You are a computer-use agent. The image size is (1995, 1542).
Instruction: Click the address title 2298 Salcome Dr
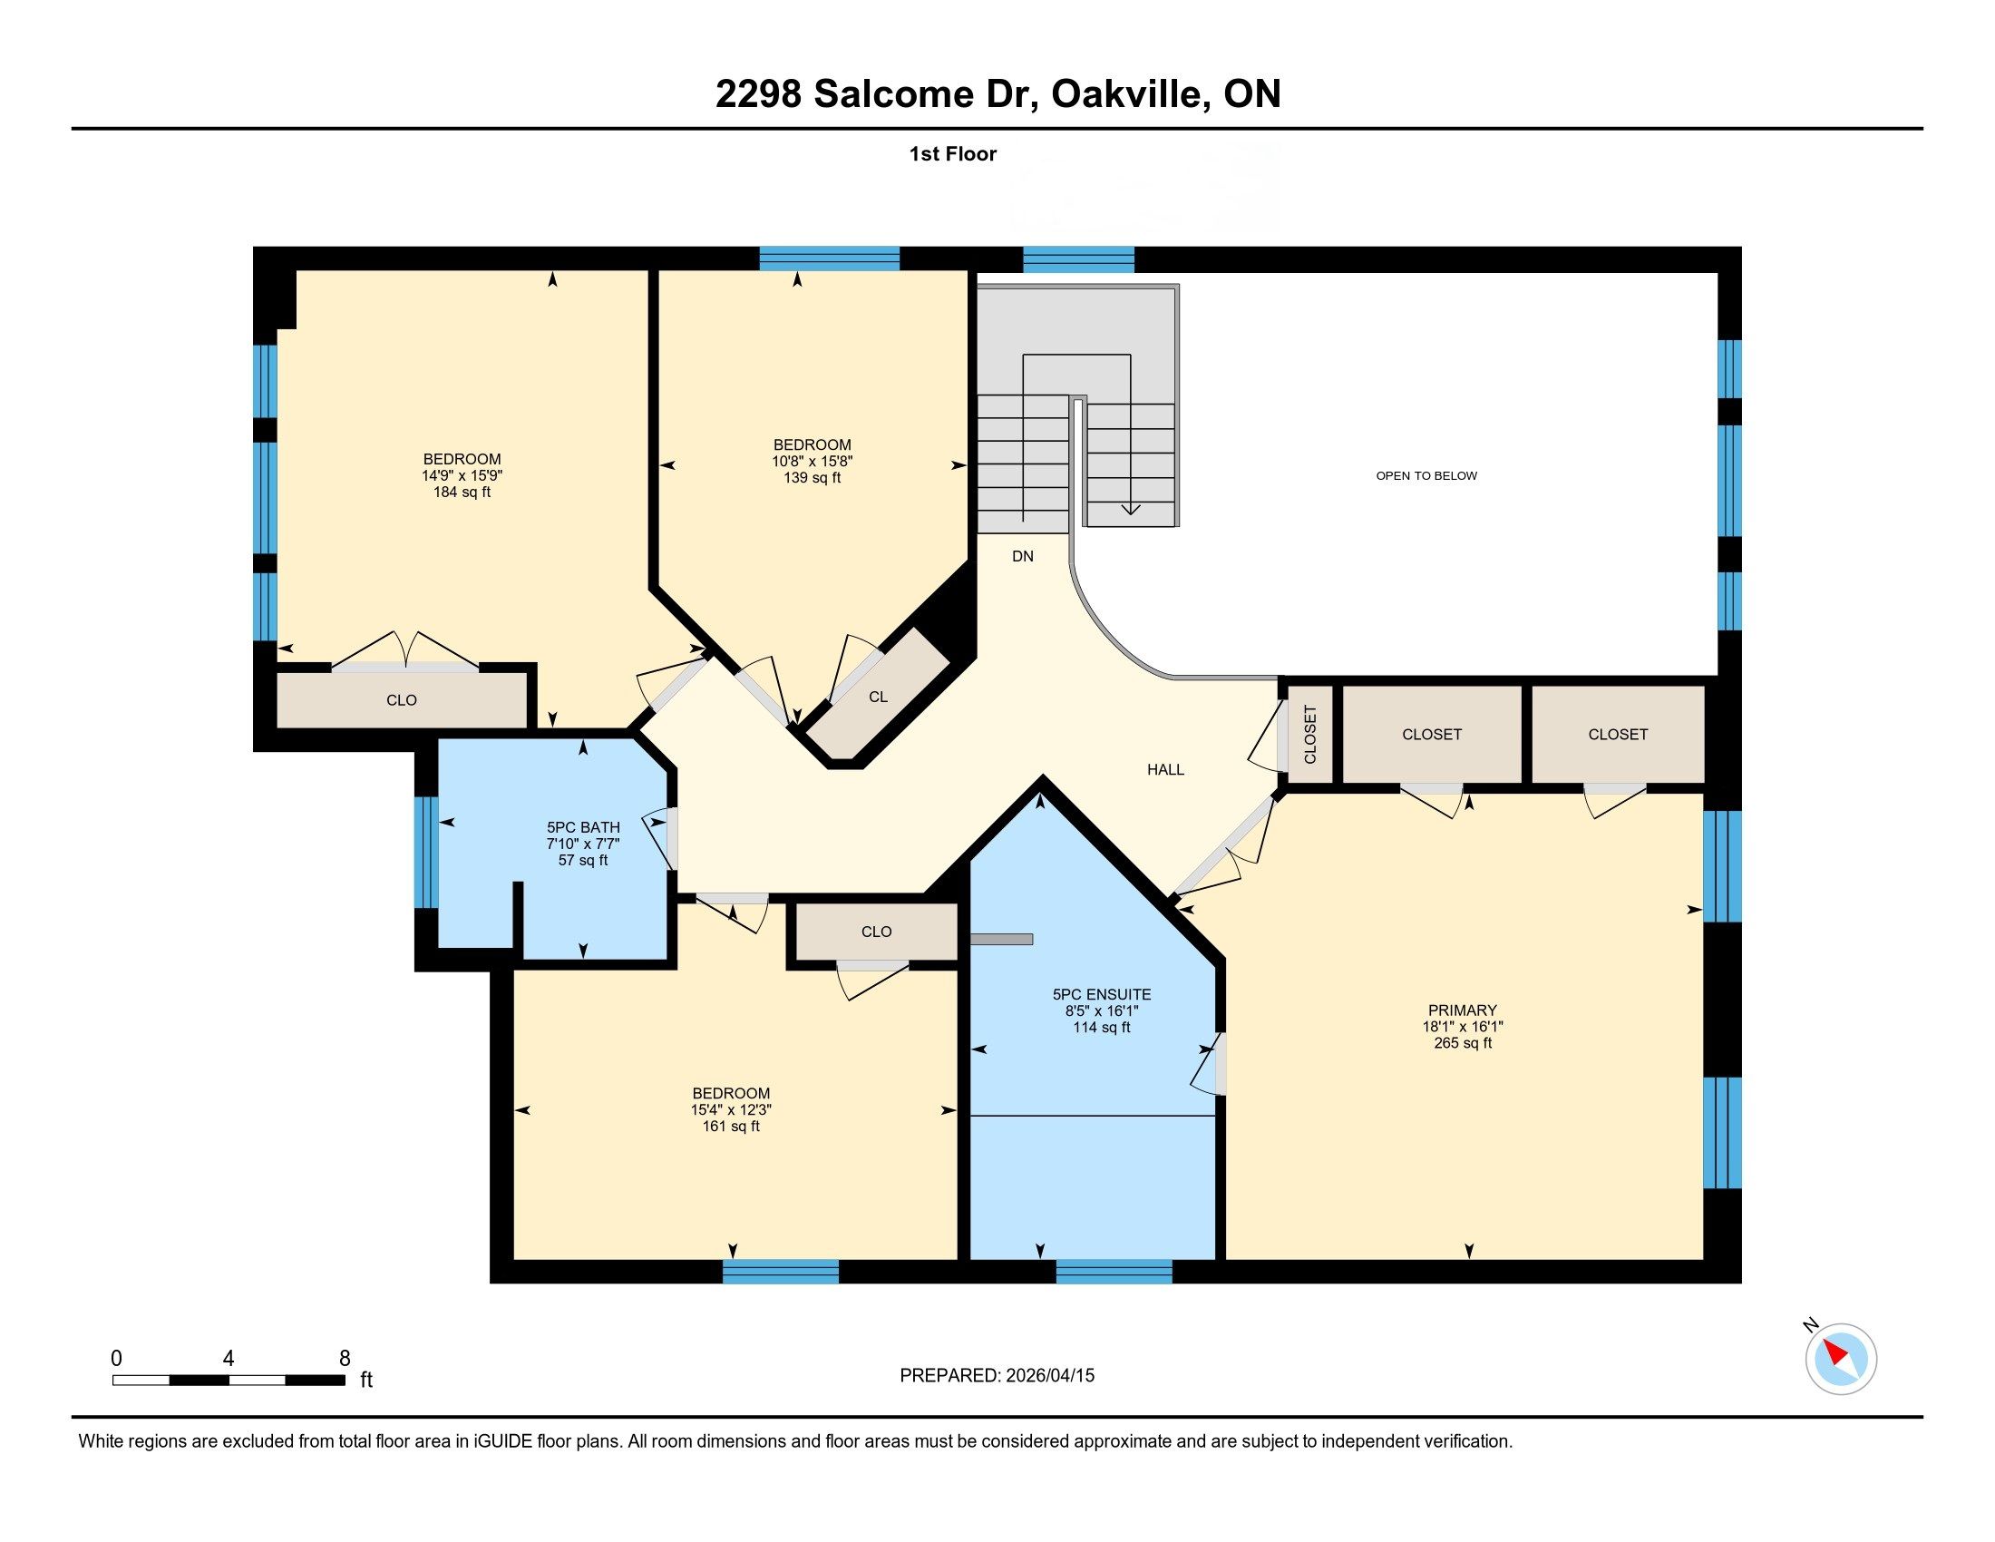coord(877,94)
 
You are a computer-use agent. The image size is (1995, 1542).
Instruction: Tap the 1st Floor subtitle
coord(953,153)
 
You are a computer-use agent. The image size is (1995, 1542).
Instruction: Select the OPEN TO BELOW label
coord(1426,476)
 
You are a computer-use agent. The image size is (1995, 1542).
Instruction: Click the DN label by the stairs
coord(1022,556)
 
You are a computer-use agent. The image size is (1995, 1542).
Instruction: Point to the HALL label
coord(1165,770)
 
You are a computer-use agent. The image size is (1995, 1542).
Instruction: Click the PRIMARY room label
coord(1463,1010)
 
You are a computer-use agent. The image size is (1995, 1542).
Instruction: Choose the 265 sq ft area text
coord(1463,1043)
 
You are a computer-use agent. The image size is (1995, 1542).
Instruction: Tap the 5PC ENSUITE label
coord(1102,995)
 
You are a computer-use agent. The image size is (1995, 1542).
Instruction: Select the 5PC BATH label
coord(583,827)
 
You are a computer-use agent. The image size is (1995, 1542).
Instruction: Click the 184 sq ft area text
coord(462,493)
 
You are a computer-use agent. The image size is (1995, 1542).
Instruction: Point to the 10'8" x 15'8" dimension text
coord(813,462)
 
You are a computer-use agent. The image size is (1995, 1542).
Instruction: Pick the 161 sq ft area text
coord(731,1127)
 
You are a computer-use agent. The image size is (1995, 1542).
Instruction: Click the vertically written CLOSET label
coord(1310,735)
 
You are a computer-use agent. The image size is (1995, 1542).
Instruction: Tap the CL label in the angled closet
coord(878,697)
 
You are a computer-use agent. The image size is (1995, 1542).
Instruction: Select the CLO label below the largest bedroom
coord(401,700)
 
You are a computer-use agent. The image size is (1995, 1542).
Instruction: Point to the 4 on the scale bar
coord(229,1359)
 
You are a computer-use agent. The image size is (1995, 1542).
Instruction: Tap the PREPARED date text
coord(997,1376)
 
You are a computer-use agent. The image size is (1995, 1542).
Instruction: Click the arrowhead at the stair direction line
coord(1131,508)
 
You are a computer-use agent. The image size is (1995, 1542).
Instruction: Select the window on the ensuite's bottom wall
coord(1114,1272)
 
